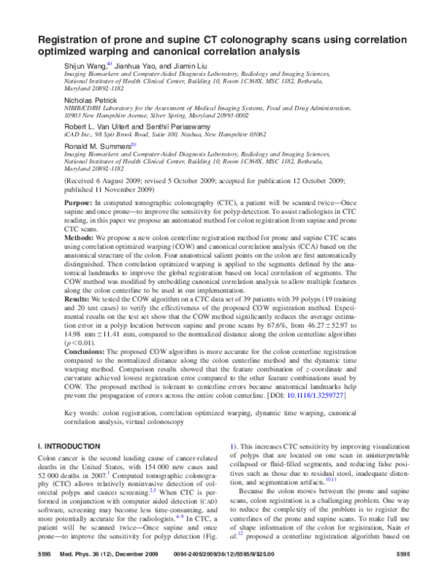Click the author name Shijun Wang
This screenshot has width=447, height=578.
click(x=85, y=66)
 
